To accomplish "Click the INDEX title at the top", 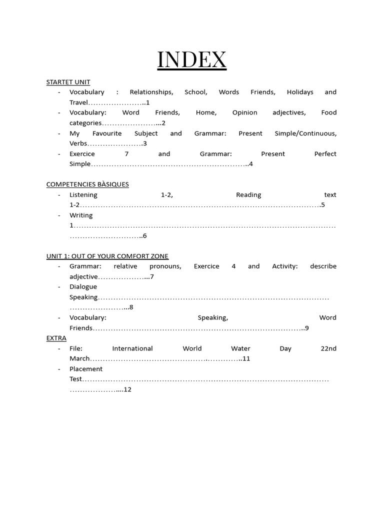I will click(x=192, y=60).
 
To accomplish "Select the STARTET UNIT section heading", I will click(x=68, y=82).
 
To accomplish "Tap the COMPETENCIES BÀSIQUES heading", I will click(x=87, y=184).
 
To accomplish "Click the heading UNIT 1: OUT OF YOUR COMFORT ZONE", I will click(x=107, y=256).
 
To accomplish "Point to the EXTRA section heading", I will click(x=56, y=338).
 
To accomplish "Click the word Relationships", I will click(x=151, y=92).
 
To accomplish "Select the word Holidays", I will click(x=300, y=92).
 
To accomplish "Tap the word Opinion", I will click(x=244, y=112).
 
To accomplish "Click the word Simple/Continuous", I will click(x=305, y=133).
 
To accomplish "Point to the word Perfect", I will click(x=325, y=154).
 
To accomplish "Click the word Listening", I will click(x=83, y=195).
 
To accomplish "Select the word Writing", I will click(x=81, y=215).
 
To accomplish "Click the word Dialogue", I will click(x=83, y=287).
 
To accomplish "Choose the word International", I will click(x=132, y=348).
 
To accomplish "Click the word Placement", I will click(x=86, y=369).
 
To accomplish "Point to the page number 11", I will click(x=246, y=358).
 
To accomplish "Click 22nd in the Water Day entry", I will click(x=328, y=348).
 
